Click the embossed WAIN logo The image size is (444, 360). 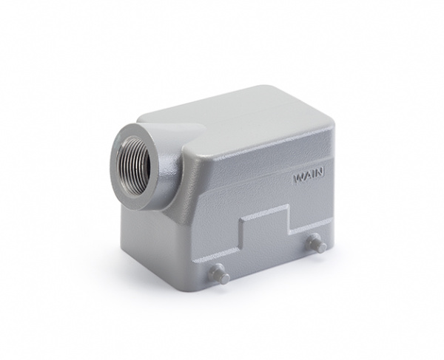pyautogui.click(x=309, y=177)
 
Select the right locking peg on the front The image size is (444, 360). pyautogui.click(x=317, y=244)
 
